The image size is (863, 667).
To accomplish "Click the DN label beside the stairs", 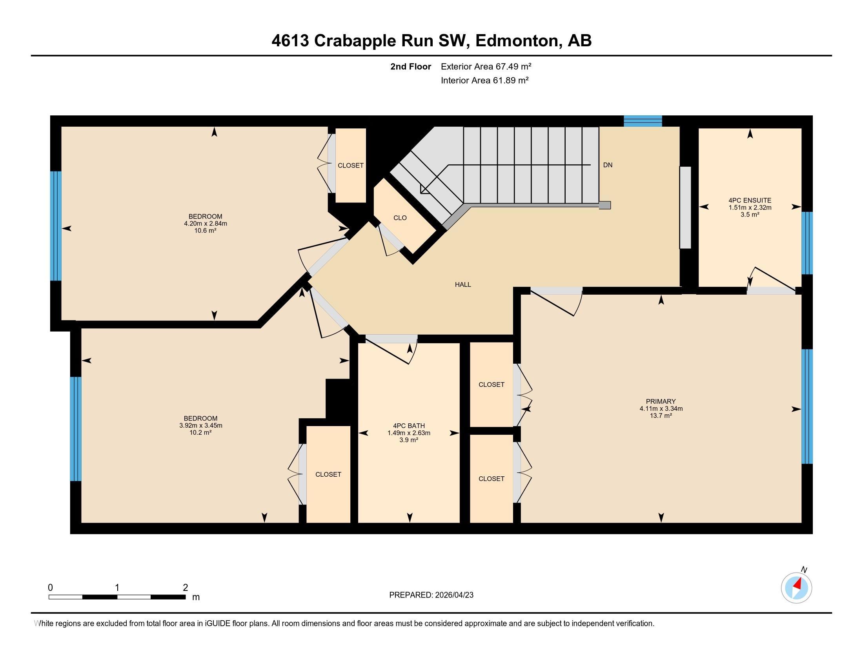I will point(607,165).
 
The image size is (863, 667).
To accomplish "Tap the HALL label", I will point(463,284).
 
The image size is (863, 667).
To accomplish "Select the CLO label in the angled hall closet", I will point(400,218).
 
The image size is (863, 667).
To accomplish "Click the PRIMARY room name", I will point(661,401).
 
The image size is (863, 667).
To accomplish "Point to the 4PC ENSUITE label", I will point(750,200).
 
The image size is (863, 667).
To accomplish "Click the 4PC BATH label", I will point(409,426).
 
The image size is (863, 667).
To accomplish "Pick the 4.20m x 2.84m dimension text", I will point(205,224).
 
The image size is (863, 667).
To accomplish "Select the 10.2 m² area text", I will point(200,433).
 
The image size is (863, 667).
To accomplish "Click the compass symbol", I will point(796,588).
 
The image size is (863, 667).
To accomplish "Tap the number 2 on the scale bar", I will point(185,588).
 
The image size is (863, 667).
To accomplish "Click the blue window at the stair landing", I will point(643,121).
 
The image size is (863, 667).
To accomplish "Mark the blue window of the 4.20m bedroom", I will point(56,226).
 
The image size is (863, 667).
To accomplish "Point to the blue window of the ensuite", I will point(807,243).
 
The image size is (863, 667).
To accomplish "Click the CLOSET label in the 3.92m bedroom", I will point(328,474).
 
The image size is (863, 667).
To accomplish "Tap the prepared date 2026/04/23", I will point(453,595).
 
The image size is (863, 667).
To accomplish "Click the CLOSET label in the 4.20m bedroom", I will point(350,166).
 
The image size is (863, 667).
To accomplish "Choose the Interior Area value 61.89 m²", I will point(510,80).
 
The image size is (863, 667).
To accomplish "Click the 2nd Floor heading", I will point(410,66).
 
